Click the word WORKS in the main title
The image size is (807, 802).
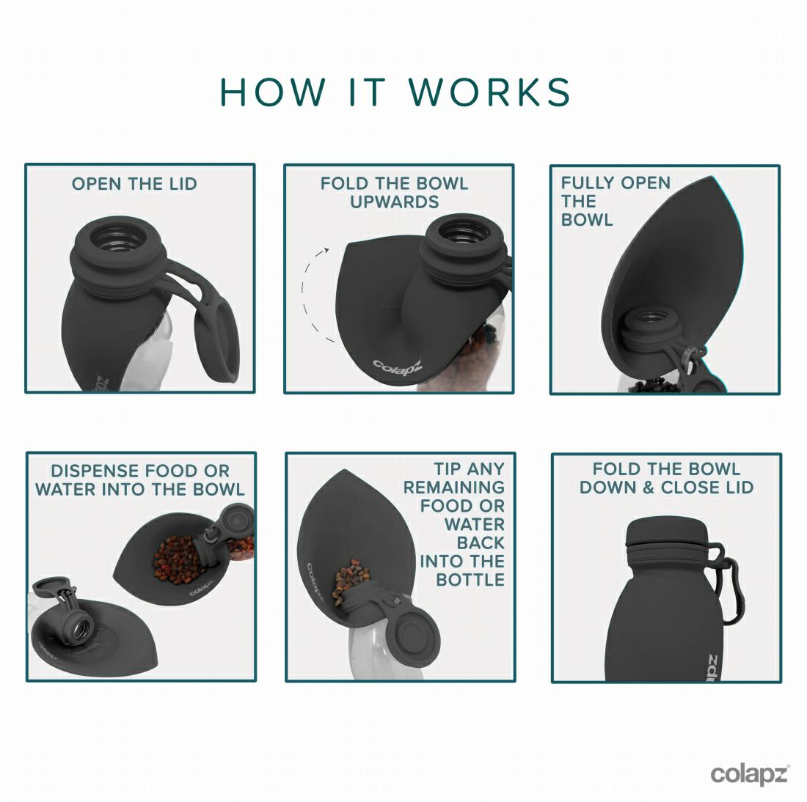click(x=489, y=92)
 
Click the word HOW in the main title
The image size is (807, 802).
click(x=273, y=92)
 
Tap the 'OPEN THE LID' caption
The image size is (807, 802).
click(x=134, y=184)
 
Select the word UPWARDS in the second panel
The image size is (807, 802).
click(x=395, y=202)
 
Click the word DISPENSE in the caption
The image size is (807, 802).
click(x=95, y=471)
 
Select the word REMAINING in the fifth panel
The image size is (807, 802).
click(x=453, y=488)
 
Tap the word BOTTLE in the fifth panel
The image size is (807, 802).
click(x=470, y=580)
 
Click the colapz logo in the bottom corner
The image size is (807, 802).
click(x=749, y=774)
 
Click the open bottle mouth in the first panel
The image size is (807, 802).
click(x=118, y=237)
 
